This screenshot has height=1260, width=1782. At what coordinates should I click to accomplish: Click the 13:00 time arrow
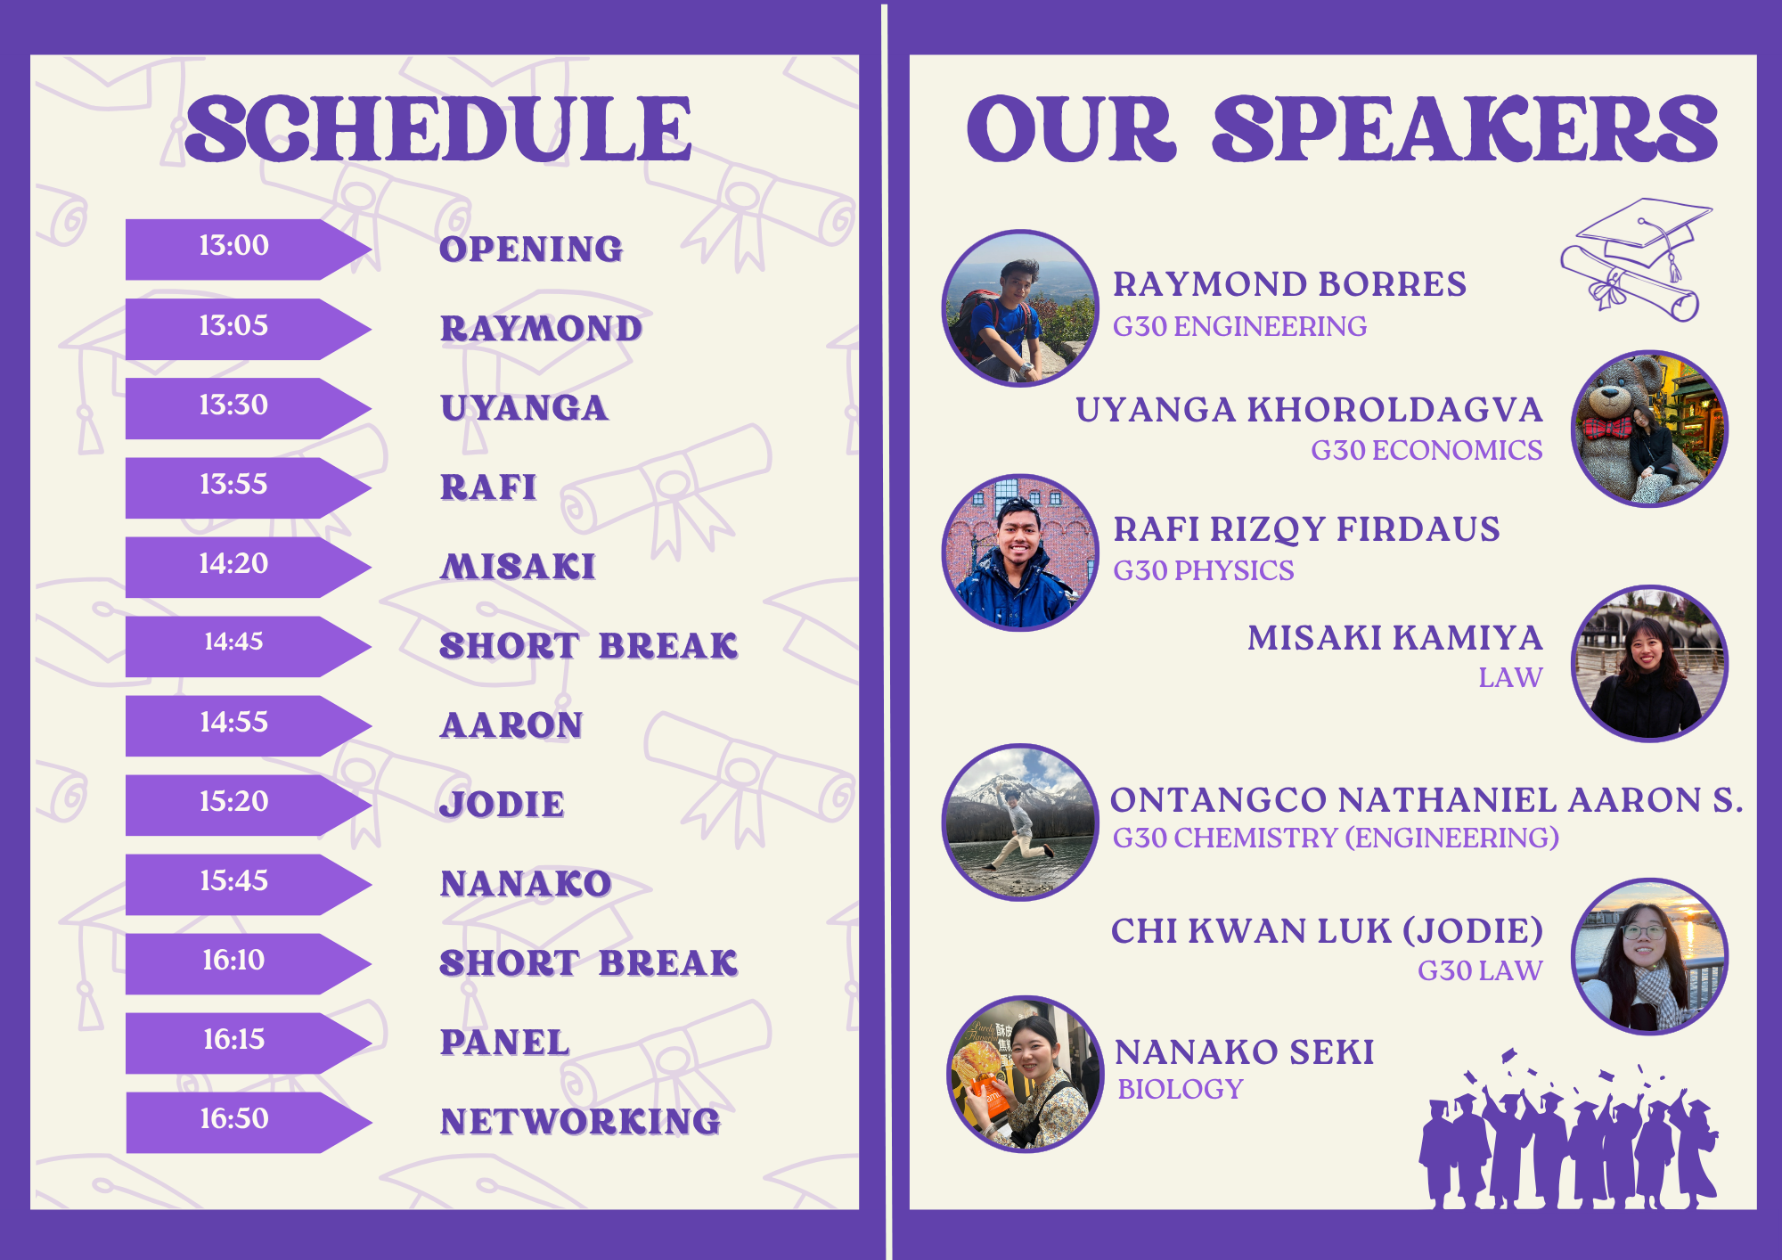tap(248, 250)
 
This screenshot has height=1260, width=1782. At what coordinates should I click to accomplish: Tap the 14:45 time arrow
tap(248, 647)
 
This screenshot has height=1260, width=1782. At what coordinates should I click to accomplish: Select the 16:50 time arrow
tap(248, 1123)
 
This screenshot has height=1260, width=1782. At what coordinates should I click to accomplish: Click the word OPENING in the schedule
tap(531, 250)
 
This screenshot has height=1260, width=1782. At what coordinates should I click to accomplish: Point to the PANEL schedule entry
tap(504, 1043)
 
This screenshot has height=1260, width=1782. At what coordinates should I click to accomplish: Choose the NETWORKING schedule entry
tap(580, 1122)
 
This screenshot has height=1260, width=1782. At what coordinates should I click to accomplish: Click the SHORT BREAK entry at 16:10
tap(589, 963)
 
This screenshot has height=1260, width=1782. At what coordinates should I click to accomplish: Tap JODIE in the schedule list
tap(502, 805)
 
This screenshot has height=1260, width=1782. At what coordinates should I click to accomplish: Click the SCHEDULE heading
tap(438, 129)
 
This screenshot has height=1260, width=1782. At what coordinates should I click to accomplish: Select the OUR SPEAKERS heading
tap(1342, 129)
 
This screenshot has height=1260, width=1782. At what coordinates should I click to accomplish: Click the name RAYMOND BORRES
tap(1289, 284)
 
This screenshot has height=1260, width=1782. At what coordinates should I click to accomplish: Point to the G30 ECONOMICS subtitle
tap(1426, 450)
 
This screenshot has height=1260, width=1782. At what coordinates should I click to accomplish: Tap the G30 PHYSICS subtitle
tap(1204, 570)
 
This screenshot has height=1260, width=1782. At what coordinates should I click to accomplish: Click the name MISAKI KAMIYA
tap(1394, 638)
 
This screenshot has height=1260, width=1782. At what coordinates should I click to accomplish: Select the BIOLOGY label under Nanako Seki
tap(1180, 1089)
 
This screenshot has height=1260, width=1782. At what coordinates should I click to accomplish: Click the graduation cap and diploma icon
tap(1636, 259)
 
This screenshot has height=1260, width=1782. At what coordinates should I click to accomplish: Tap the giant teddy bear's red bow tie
tap(1606, 429)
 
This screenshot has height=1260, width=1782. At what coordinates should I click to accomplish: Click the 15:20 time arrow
tap(248, 806)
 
